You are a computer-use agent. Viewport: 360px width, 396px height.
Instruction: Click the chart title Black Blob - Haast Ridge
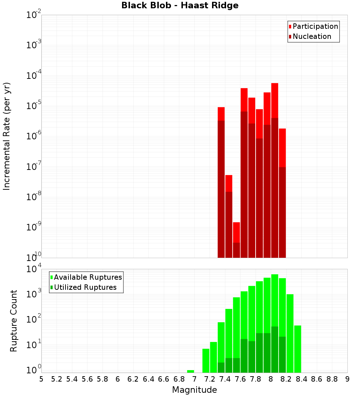coord(180,5)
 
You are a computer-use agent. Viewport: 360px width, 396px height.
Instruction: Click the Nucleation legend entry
coord(312,36)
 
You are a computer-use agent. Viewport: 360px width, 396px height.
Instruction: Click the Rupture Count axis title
coord(14,320)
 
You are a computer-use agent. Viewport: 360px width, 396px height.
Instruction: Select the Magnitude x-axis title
coord(194,390)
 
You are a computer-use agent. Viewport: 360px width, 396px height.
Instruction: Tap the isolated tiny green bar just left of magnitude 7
coord(190,371)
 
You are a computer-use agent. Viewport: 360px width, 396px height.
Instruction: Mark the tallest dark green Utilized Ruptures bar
coord(275,349)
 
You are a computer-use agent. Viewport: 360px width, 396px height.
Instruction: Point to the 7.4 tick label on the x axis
coord(225,379)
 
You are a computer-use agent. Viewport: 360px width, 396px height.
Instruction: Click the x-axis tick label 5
coord(41,379)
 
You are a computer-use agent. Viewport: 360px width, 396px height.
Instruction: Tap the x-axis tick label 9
coord(347,379)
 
